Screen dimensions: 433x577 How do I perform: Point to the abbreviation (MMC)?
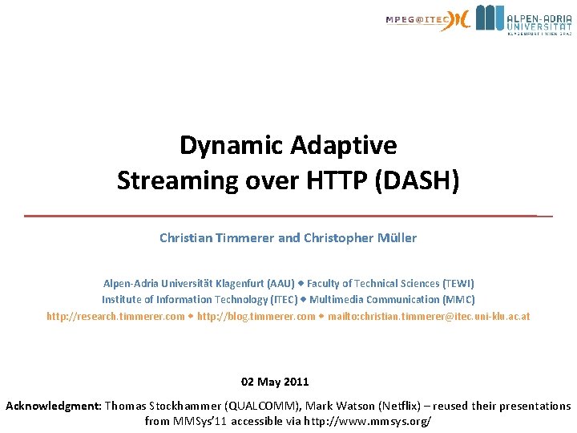pyautogui.click(x=458, y=300)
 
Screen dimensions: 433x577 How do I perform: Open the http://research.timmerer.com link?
pyautogui.click(x=115, y=316)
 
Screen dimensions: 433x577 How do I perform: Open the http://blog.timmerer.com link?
pyautogui.click(x=256, y=316)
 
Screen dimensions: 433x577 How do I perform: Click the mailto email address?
pyautogui.click(x=429, y=316)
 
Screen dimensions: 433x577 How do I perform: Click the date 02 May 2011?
pyautogui.click(x=275, y=382)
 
